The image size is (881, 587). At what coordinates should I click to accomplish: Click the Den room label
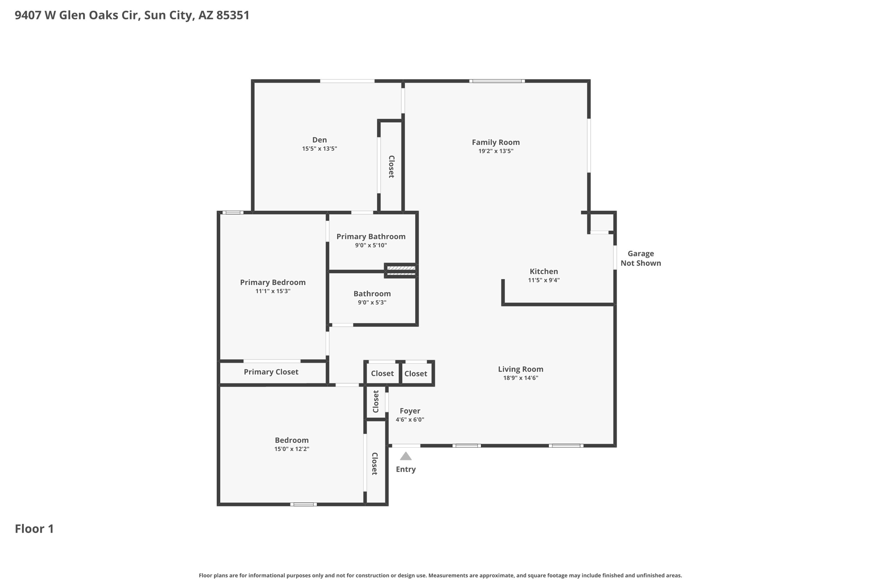(319, 140)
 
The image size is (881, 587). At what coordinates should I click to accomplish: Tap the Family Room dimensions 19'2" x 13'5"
(496, 151)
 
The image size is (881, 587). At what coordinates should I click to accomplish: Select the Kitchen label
(544, 271)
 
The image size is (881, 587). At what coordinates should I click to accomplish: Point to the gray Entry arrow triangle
(406, 456)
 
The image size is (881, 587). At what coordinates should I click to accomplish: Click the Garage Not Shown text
(641, 258)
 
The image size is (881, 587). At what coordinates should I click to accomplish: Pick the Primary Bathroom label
(371, 237)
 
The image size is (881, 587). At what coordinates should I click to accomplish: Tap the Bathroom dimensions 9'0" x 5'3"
(372, 302)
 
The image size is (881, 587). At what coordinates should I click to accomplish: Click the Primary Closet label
(271, 372)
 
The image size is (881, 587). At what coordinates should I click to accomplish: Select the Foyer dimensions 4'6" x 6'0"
(410, 420)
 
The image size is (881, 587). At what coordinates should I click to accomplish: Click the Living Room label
(521, 369)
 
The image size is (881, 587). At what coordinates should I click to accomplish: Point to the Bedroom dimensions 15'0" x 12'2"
(292, 449)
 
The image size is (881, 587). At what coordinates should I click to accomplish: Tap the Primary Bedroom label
(273, 282)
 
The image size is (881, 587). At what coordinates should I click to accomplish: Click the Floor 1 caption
(34, 529)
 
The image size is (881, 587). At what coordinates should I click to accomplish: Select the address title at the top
(132, 15)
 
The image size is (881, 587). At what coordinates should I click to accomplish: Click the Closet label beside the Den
(391, 166)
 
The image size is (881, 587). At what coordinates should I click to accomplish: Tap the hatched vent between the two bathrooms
(401, 270)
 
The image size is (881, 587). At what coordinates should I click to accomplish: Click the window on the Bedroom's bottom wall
(303, 504)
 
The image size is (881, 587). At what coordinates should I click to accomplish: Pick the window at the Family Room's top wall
(497, 81)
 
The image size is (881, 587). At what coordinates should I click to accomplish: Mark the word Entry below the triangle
(406, 469)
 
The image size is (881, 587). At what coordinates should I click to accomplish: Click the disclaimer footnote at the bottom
(440, 575)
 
